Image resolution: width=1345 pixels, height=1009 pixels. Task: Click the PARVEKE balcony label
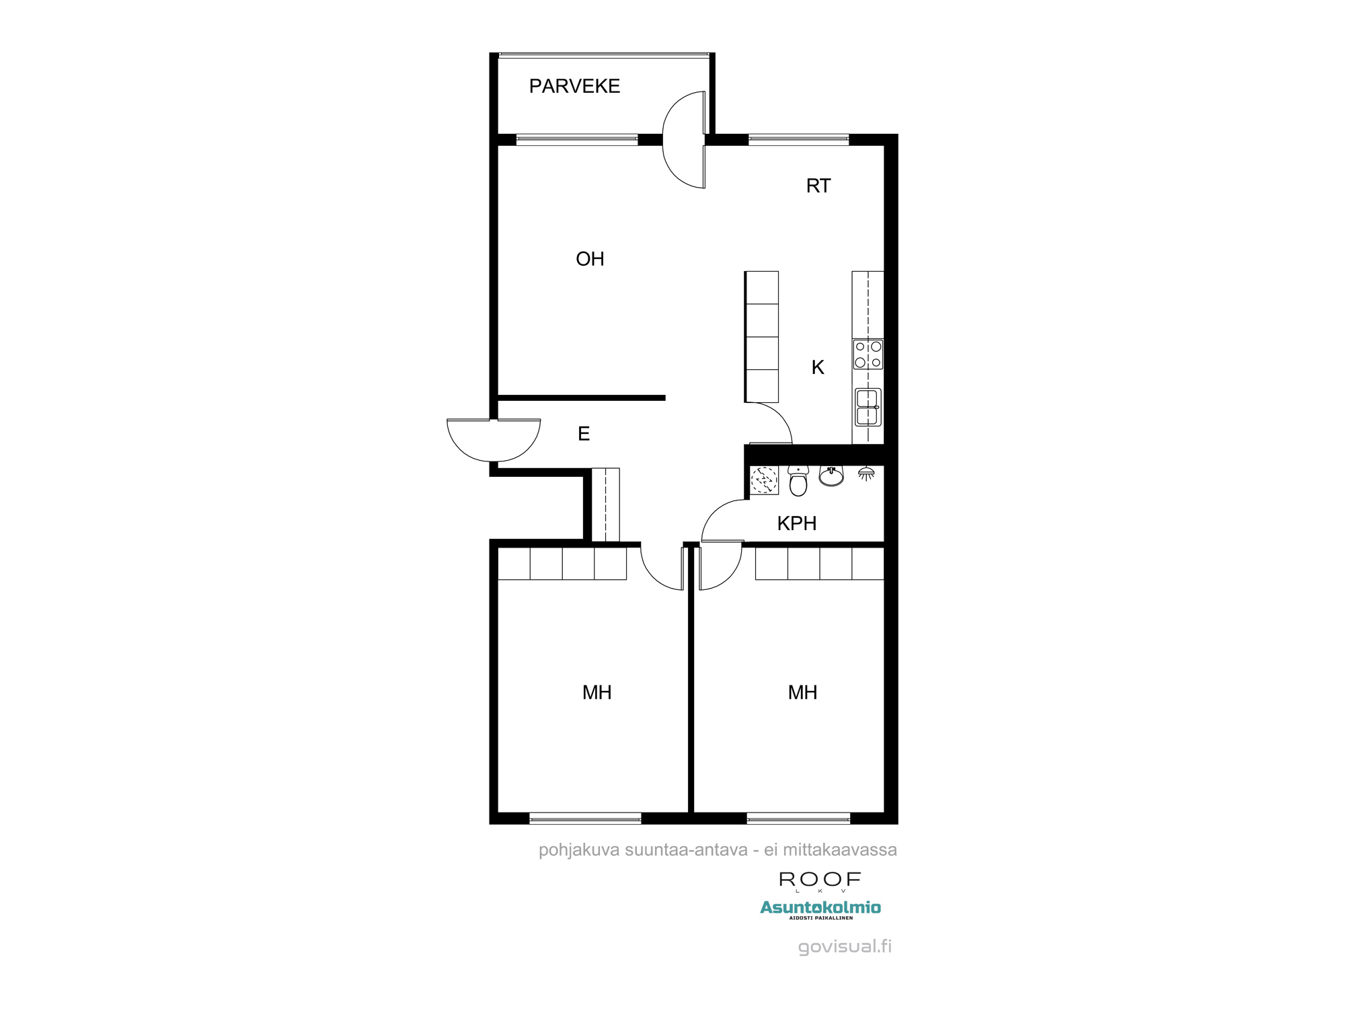pyautogui.click(x=574, y=86)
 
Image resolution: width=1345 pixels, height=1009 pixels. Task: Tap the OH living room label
pyautogui.click(x=590, y=259)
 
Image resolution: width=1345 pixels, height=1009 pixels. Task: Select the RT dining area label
pyautogui.click(x=818, y=186)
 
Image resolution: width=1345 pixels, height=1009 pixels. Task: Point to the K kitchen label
pyautogui.click(x=818, y=367)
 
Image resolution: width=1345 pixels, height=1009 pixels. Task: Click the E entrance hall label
pyautogui.click(x=584, y=434)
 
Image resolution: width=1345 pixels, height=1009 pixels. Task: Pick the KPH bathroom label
pyautogui.click(x=797, y=523)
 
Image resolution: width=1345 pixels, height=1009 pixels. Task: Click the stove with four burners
pyautogui.click(x=868, y=354)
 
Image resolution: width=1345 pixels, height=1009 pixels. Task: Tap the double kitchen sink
pyautogui.click(x=868, y=407)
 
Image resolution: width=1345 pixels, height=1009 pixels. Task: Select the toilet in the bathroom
pyautogui.click(x=798, y=480)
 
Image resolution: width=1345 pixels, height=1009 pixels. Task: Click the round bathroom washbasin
pyautogui.click(x=831, y=476)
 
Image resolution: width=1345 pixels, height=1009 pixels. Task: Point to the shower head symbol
pyautogui.click(x=866, y=474)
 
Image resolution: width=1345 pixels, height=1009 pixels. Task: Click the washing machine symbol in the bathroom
pyautogui.click(x=764, y=481)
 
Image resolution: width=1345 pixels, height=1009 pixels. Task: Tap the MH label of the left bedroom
pyautogui.click(x=597, y=692)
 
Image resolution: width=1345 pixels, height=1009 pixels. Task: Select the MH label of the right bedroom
pyautogui.click(x=802, y=692)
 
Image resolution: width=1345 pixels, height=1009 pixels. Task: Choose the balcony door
pyautogui.click(x=683, y=140)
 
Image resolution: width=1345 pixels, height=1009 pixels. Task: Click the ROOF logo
pyautogui.click(x=820, y=880)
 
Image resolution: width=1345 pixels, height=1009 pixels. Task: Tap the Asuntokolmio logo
pyautogui.click(x=820, y=908)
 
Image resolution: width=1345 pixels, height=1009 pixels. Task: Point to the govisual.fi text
pyautogui.click(x=845, y=947)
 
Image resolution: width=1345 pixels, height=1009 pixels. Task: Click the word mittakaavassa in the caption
pyautogui.click(x=839, y=850)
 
